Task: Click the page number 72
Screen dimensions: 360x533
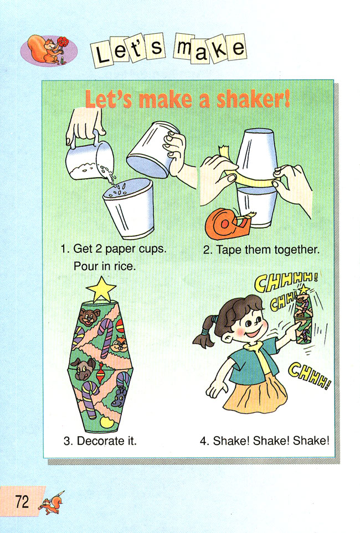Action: (x=22, y=501)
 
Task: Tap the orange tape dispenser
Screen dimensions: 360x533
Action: (x=228, y=224)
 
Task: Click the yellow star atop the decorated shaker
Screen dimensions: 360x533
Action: (x=101, y=289)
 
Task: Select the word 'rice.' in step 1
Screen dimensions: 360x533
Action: (x=125, y=266)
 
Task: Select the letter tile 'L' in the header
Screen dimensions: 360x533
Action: (x=102, y=54)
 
